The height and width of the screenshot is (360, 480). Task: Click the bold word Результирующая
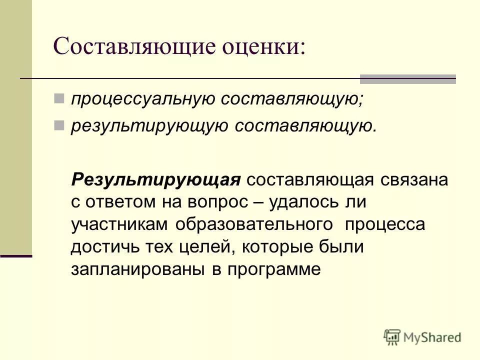(156, 179)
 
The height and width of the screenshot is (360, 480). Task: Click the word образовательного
(254, 224)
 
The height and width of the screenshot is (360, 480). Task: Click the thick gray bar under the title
(408, 78)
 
